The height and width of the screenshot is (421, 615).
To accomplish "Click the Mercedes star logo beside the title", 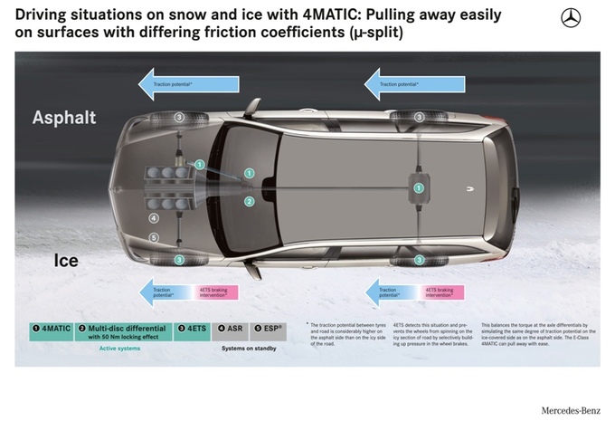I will click(x=571, y=17).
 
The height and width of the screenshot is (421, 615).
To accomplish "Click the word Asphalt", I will click(x=63, y=119).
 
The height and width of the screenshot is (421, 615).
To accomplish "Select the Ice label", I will click(x=65, y=261).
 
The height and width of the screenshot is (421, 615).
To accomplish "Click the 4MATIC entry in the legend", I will click(x=52, y=329).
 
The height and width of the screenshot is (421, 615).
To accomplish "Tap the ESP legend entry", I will click(x=268, y=329).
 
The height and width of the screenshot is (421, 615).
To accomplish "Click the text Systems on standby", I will click(x=250, y=347).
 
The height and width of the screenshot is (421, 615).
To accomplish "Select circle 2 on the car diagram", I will click(x=249, y=202).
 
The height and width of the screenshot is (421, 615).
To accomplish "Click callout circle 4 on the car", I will click(x=154, y=218).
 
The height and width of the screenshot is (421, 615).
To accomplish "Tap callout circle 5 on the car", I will click(x=154, y=238).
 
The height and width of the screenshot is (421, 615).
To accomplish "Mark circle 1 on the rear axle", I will click(x=419, y=187).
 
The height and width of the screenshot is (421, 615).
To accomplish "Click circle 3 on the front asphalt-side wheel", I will click(x=179, y=117).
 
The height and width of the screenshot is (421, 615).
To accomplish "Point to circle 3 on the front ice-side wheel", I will click(x=179, y=261).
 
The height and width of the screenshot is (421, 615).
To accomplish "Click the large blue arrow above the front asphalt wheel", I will click(x=188, y=84).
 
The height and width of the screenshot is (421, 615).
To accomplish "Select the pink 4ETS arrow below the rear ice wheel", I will click(x=442, y=292).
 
